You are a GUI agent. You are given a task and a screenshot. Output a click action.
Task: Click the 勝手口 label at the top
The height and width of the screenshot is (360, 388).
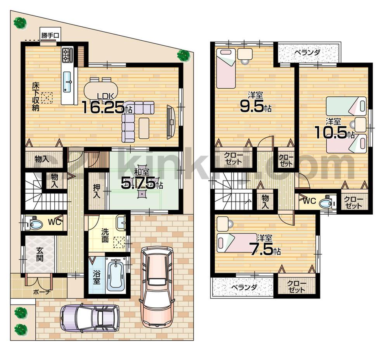(x=50, y=36)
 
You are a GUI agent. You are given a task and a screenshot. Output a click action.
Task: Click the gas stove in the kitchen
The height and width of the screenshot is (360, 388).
(x=67, y=56)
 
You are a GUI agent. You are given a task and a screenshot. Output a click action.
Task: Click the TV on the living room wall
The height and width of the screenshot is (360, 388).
(x=171, y=122)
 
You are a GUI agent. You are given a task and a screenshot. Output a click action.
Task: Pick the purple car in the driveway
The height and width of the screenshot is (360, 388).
(x=90, y=318)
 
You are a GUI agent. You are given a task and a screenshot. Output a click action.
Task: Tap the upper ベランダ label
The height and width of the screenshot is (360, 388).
(x=307, y=52)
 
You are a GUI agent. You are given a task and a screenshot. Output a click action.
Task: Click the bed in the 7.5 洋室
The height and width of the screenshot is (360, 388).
(x=237, y=243)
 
